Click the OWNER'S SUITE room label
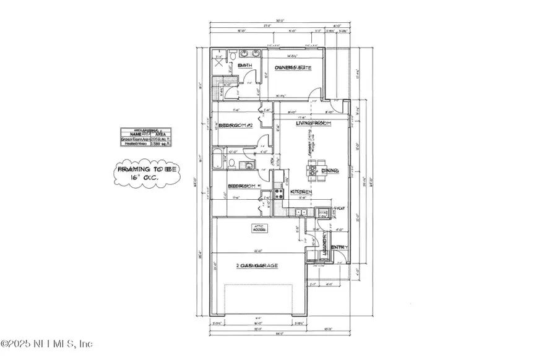point(290,67)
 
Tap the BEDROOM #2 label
point(236,125)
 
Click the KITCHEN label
point(301,194)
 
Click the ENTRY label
point(339,247)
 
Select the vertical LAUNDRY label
point(324,248)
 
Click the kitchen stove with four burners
point(279,194)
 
